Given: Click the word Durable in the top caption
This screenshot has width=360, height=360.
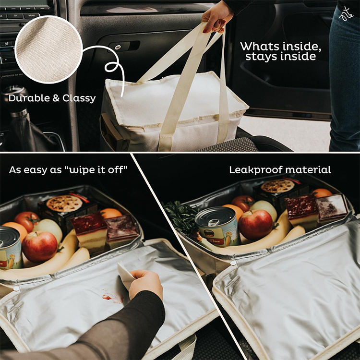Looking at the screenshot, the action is [29, 98].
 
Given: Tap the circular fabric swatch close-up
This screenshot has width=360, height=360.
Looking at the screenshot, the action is [48, 49].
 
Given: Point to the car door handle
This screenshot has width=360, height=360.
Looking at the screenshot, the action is [124, 46].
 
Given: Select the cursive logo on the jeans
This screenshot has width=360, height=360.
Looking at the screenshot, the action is [346, 14].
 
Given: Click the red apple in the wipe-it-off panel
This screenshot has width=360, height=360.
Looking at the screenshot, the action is [39, 247].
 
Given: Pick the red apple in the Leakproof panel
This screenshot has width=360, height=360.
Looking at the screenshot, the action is [255, 225].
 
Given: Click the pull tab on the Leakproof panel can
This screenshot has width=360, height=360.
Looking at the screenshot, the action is [213, 223].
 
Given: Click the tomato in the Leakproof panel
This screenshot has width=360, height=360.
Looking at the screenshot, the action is [243, 203].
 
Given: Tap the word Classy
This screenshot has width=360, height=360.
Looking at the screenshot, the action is [79, 98].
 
